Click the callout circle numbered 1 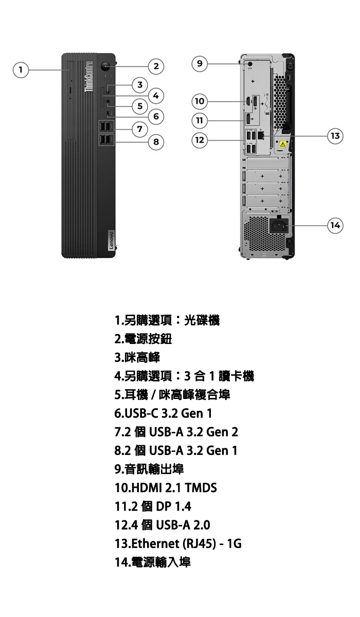pos(21,70)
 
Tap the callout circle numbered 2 pos(156,66)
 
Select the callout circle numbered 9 pos(200,64)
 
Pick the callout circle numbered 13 pos(335,136)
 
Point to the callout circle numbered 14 pos(335,225)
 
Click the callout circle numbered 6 pos(156,116)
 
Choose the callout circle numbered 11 pos(200,121)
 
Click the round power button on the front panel pos(105,66)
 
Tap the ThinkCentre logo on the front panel pos(88,77)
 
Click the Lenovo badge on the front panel pos(111,241)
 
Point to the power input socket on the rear pos(280,226)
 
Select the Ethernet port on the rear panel pos(261,135)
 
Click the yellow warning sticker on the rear pos(283,144)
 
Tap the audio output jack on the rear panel pos(250,64)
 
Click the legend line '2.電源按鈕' pos(143,339)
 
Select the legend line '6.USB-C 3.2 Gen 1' pos(164,413)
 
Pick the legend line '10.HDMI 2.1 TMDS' pos(166,487)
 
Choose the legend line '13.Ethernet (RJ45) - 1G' pos(178,543)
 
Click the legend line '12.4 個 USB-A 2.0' pos(162,525)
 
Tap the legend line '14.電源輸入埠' pos(153,562)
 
